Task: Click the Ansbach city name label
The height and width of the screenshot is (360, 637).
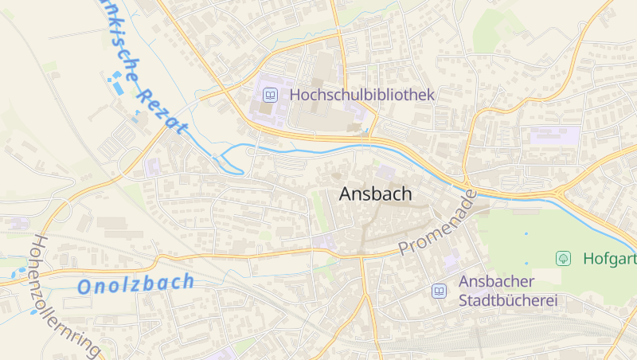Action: (x=375, y=194)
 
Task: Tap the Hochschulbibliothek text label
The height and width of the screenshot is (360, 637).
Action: (x=362, y=95)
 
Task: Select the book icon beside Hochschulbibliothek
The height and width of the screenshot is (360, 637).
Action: (x=271, y=95)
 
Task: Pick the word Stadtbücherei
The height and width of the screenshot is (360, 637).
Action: (x=507, y=301)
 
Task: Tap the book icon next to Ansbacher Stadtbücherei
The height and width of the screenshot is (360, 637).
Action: (x=439, y=292)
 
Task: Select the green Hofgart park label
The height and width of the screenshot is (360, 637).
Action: (x=609, y=258)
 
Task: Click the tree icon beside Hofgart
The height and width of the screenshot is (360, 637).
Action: (x=564, y=258)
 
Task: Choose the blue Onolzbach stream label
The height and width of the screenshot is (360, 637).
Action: (x=136, y=284)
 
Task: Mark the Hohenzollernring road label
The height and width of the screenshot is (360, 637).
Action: (x=67, y=295)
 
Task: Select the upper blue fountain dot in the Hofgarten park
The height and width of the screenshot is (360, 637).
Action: (x=526, y=233)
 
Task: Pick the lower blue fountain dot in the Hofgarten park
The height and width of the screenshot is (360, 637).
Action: (x=526, y=263)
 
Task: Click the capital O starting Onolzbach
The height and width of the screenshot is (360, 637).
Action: (x=86, y=288)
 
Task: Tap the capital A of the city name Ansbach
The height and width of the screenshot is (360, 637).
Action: (x=347, y=194)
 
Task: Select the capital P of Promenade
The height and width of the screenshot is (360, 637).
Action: (x=404, y=248)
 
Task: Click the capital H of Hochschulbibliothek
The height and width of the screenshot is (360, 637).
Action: (x=296, y=95)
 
